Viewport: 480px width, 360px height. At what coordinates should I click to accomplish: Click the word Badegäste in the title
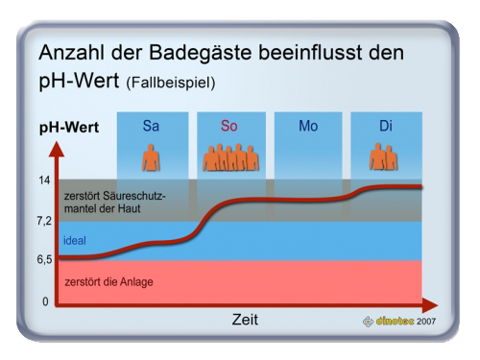201,52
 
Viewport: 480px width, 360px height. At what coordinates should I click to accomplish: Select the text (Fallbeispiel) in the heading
171,83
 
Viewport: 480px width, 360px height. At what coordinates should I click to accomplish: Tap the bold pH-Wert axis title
69,128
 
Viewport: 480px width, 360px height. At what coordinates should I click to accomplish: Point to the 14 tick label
44,180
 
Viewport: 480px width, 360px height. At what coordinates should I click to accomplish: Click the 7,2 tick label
44,221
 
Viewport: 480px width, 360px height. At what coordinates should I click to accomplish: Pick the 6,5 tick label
44,259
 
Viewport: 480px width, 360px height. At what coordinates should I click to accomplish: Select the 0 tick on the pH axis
45,301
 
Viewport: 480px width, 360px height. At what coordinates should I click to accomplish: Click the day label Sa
151,126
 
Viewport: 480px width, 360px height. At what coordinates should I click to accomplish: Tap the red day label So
229,126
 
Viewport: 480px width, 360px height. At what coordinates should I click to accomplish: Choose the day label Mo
308,126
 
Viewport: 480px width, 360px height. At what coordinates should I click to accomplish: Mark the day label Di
386,126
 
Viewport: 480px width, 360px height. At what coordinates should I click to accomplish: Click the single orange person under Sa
151,157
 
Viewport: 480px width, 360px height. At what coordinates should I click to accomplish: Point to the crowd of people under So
230,157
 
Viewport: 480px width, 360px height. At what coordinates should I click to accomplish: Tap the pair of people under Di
383,156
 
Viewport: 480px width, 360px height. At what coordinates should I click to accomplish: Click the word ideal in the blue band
75,240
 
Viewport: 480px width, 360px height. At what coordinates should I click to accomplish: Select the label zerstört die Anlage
108,282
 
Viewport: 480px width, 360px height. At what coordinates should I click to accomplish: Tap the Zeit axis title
245,320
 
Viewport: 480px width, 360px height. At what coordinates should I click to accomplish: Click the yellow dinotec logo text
395,321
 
